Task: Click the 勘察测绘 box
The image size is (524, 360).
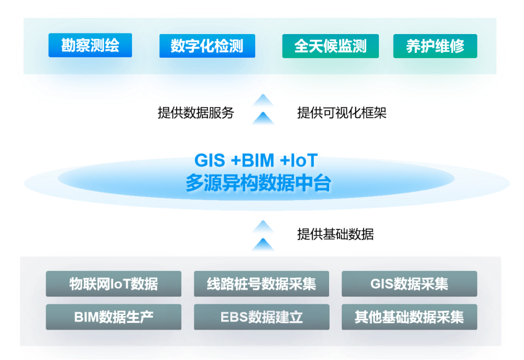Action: click(x=90, y=46)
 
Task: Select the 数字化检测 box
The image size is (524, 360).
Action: click(x=207, y=46)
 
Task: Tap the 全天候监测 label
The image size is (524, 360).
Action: click(x=330, y=46)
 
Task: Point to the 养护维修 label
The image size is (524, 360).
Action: click(x=435, y=46)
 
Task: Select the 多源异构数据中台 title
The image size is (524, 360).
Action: click(x=258, y=184)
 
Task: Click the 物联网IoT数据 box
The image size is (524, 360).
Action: click(x=114, y=284)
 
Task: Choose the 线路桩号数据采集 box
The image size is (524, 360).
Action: click(x=261, y=284)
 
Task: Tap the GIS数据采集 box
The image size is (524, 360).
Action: click(x=409, y=284)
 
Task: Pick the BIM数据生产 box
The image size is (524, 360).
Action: click(x=114, y=317)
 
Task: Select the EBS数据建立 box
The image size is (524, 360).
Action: click(x=261, y=317)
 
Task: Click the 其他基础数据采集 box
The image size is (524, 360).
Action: click(x=409, y=317)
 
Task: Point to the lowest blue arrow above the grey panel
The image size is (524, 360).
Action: click(x=263, y=245)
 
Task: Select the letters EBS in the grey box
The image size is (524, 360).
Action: click(x=233, y=317)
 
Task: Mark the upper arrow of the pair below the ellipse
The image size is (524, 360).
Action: click(x=263, y=227)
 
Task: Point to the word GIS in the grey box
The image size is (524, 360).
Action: click(x=381, y=284)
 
